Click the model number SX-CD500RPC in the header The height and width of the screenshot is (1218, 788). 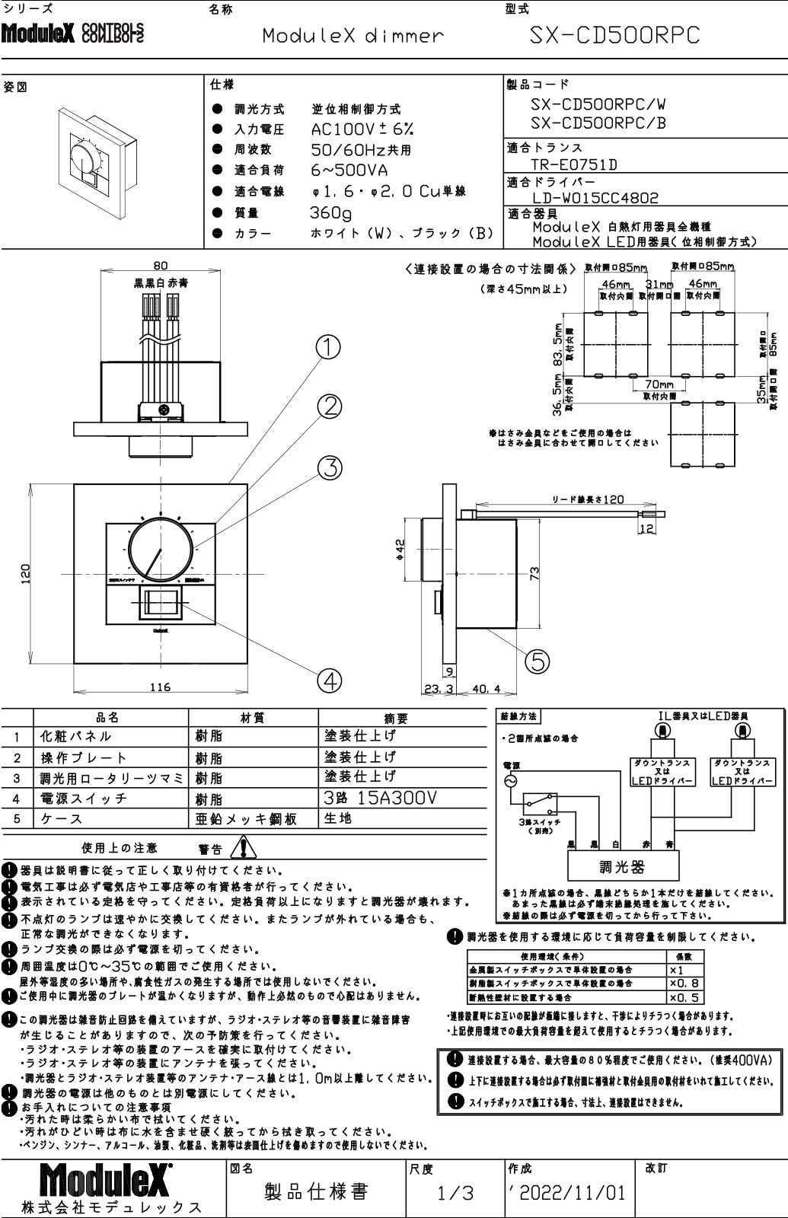click(614, 35)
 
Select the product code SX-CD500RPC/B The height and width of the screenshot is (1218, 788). click(598, 123)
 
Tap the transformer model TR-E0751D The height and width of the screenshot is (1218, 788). click(573, 164)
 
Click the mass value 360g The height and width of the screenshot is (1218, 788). click(330, 212)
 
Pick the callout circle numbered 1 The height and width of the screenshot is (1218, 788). click(328, 347)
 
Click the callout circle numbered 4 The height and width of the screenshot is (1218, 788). click(330, 680)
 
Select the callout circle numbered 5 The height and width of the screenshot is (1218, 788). click(538, 661)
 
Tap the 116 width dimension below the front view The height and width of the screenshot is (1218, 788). click(160, 687)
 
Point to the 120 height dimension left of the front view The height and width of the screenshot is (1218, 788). click(25, 573)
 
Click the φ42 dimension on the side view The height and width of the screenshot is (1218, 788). click(401, 548)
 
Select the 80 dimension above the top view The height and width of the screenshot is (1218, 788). click(160, 266)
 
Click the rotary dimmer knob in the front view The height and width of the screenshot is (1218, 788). click(160, 550)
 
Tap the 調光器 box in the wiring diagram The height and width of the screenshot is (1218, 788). click(623, 866)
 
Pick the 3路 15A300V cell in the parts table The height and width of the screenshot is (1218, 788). click(381, 798)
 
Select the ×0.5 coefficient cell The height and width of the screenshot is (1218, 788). click(684, 997)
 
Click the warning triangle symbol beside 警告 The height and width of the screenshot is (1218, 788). click(244, 847)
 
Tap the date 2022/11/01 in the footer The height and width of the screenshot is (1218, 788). click(571, 1192)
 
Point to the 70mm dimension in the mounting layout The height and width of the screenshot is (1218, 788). click(659, 385)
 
